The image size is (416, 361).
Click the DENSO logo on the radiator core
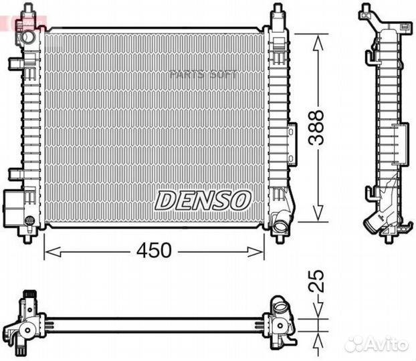tap(203, 199)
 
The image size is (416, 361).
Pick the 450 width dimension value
tap(154, 251)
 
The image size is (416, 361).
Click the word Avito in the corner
tap(387, 344)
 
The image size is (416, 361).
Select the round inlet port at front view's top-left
tap(27, 37)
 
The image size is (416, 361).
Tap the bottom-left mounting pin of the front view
tap(27, 236)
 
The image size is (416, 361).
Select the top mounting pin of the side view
tap(365, 11)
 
